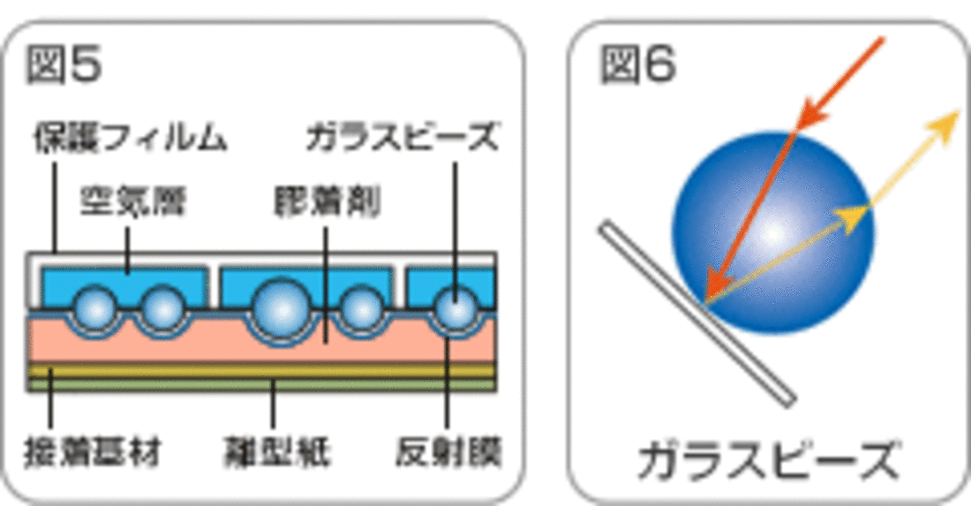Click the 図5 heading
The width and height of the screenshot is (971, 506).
pos(64,65)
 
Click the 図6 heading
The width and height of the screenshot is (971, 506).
pos(637,65)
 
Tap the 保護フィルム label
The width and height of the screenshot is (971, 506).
pos(130,139)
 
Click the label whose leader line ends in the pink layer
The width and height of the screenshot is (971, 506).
pos(327,204)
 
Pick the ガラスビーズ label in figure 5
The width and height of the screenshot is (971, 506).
pos(403,139)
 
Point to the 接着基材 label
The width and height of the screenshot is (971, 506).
pos(92,455)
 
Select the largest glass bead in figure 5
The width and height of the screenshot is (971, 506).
pos(282,307)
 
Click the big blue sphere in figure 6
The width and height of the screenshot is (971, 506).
pos(773,233)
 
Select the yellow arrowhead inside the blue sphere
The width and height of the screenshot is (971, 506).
pos(853,217)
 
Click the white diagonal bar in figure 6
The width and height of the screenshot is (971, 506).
pos(697,314)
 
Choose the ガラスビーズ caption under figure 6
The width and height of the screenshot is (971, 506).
pos(767,460)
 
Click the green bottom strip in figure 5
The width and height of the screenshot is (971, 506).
pos(261,385)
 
